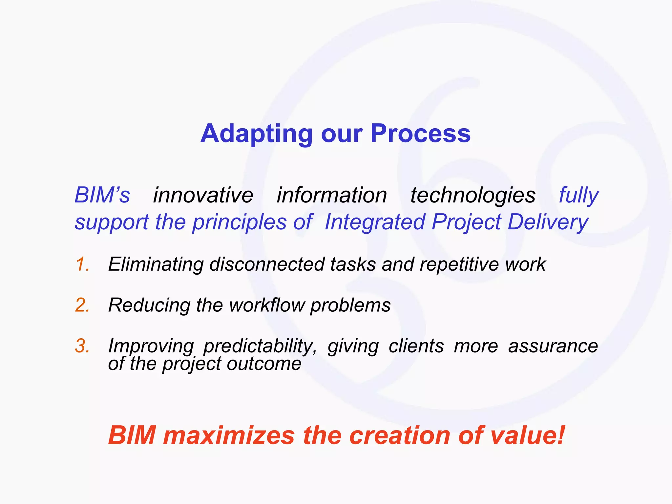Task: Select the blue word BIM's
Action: click(x=102, y=195)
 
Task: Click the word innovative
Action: click(x=203, y=195)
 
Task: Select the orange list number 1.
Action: click(x=82, y=264)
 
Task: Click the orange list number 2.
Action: click(x=82, y=305)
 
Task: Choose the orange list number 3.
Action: click(x=82, y=346)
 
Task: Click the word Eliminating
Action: click(x=156, y=264)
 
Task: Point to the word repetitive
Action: click(x=459, y=264)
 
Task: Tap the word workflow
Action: click(x=267, y=305)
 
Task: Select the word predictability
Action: click(x=260, y=346)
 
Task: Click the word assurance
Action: click(x=553, y=346)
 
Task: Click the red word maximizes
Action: click(x=229, y=435)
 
